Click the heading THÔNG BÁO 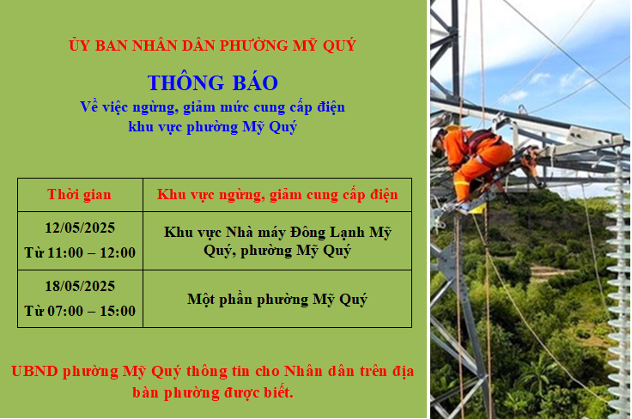[213, 82]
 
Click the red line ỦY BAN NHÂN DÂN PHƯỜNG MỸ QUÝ [212, 46]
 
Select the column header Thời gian [79, 194]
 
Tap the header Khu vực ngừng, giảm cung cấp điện [277, 195]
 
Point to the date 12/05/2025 [80, 228]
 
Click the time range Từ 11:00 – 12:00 [80, 252]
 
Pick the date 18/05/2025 [80, 286]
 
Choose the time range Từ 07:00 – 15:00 [80, 311]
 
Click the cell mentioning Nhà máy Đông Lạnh [277, 241]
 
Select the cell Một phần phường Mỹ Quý [277, 300]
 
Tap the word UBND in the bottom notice [34, 371]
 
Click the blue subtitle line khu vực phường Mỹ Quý [212, 127]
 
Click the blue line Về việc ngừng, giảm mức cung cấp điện [212, 107]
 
